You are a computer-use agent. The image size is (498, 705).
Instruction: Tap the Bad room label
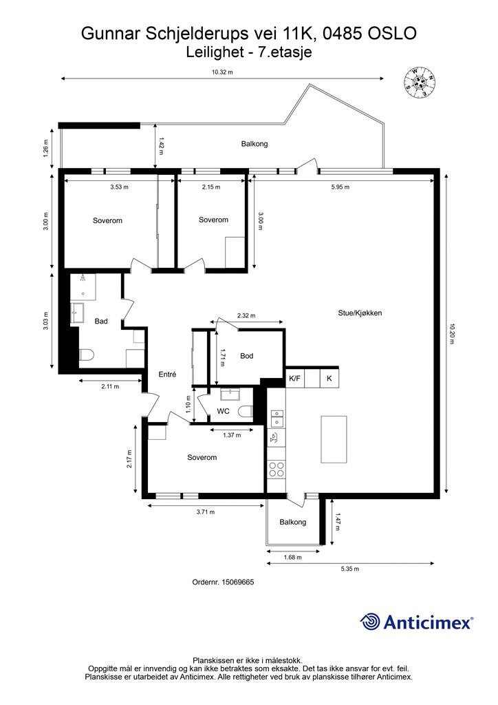[x=101, y=321]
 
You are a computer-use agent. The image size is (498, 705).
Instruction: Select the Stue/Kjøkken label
[x=360, y=313]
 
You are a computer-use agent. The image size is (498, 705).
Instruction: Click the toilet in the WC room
[x=246, y=412]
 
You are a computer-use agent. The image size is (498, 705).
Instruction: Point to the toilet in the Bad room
[x=86, y=355]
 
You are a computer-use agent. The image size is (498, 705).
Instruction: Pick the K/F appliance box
[x=294, y=379]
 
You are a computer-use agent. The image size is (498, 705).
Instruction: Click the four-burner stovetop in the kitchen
[x=276, y=470]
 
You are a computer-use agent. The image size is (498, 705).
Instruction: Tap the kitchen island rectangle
[x=334, y=439]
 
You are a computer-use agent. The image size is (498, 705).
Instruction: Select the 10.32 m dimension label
[x=222, y=72]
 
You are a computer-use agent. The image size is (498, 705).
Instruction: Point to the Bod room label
[x=246, y=356]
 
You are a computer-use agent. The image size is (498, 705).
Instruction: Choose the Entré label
[x=168, y=374]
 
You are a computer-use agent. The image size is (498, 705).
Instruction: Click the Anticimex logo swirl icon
[x=370, y=622]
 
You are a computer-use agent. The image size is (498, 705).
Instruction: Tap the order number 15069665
[x=239, y=582]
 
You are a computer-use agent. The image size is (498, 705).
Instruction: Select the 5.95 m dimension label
[x=340, y=187]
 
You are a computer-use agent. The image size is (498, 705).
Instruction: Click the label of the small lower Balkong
[x=293, y=522]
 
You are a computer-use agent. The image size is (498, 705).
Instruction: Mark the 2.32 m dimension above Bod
[x=246, y=315]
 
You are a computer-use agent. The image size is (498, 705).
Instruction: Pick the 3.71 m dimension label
[x=206, y=512]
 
